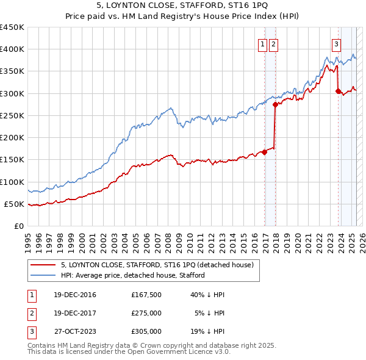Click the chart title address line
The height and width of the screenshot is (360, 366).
coord(183,5)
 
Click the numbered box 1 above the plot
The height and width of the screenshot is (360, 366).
coord(262,43)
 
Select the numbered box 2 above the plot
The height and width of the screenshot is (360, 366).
coord(273,43)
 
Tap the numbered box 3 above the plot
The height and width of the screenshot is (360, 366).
coord(336,43)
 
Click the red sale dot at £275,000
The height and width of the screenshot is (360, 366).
coord(275,105)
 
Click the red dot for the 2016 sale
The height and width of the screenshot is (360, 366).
coord(264,152)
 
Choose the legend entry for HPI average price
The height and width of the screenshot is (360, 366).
coord(132,275)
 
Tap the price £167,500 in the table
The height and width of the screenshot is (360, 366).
coord(146,295)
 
